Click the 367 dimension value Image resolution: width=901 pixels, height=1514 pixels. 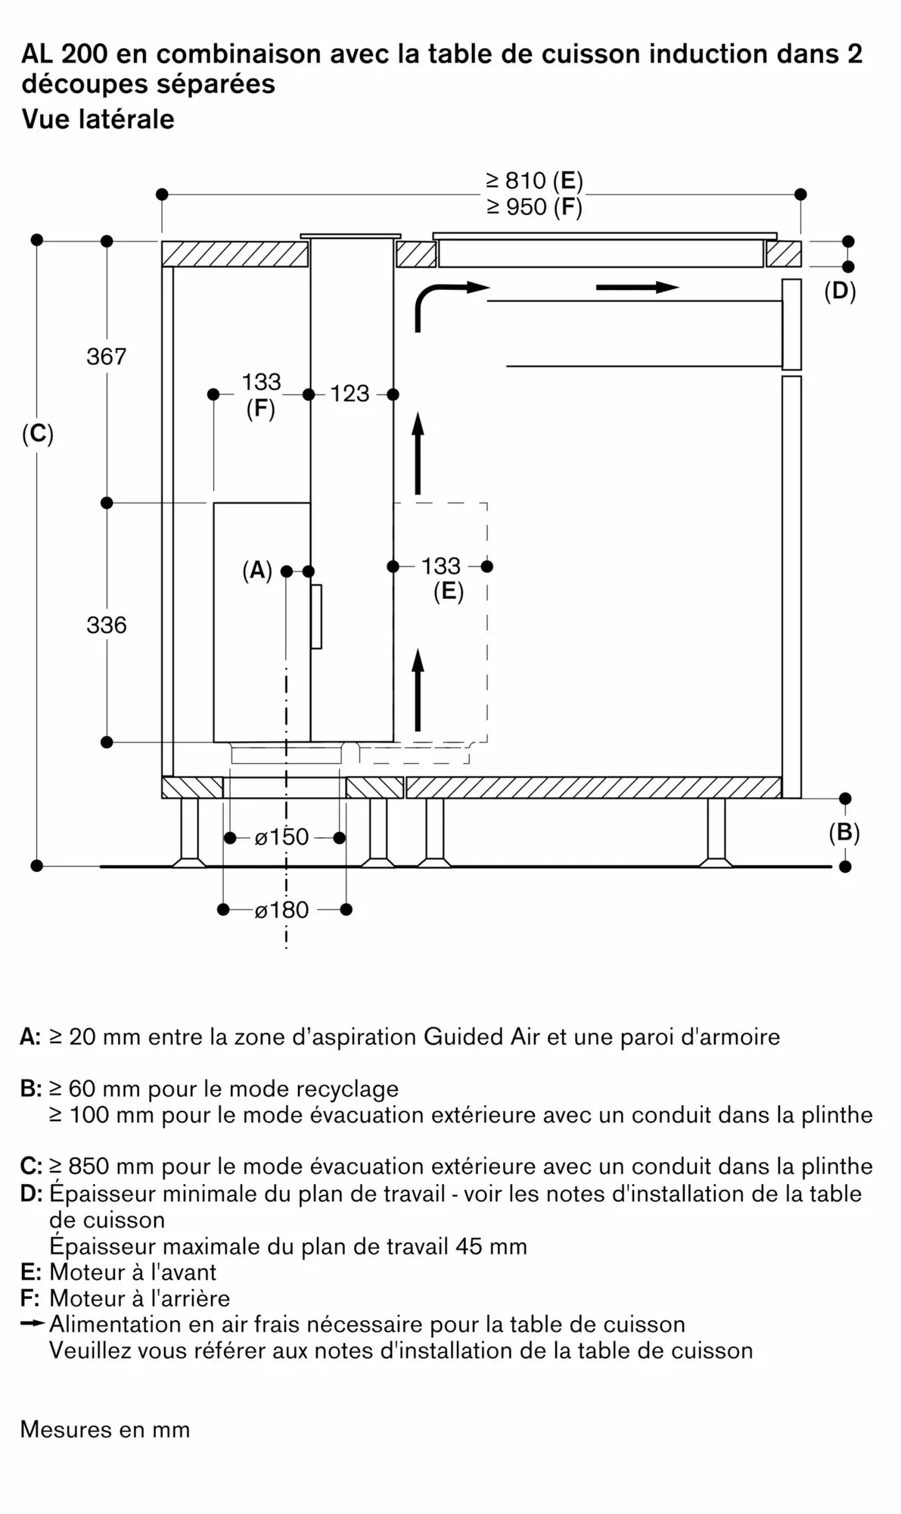click(x=106, y=357)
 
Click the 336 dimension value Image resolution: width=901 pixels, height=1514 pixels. click(x=106, y=625)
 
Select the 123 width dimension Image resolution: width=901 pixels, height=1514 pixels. click(x=350, y=394)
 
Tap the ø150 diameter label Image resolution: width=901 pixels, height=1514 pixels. click(x=281, y=837)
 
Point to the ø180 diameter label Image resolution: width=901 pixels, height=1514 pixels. click(x=281, y=910)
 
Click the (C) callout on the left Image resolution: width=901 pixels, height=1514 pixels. click(x=37, y=435)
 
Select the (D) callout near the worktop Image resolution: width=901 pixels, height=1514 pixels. click(x=840, y=291)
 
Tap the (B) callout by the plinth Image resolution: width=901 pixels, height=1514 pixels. click(x=844, y=833)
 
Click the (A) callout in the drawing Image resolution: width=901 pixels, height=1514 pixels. click(x=256, y=571)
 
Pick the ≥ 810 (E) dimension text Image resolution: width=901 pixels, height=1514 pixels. click(x=534, y=181)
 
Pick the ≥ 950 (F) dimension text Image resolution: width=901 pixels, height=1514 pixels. click(x=534, y=207)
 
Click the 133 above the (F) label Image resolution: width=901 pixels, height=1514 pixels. click(x=261, y=382)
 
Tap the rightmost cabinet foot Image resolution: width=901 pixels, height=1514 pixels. click(x=716, y=833)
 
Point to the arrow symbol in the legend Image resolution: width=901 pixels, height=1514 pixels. click(x=33, y=1324)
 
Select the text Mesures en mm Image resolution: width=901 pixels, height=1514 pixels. click(x=105, y=1429)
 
